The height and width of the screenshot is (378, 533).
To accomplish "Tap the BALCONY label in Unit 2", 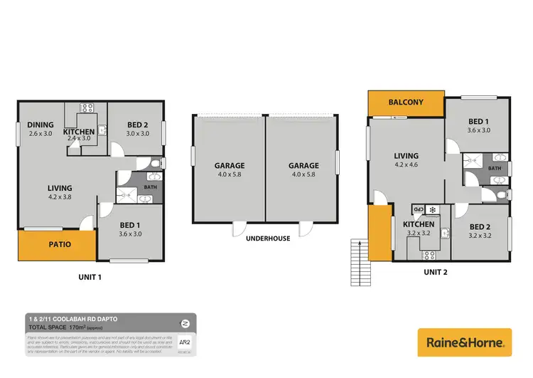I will (405, 103).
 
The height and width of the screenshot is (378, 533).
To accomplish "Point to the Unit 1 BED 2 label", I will (137, 129).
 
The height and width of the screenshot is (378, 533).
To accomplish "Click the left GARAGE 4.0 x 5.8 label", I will (230, 169).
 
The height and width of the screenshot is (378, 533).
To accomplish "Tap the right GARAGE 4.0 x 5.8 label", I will (303, 169).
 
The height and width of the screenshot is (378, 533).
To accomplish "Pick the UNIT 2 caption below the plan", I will (436, 271).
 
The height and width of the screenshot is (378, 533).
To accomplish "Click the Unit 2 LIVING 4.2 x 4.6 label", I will (407, 160).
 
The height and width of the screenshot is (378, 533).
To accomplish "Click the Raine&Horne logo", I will (465, 342).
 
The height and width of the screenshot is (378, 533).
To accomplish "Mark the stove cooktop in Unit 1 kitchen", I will (87, 107).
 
